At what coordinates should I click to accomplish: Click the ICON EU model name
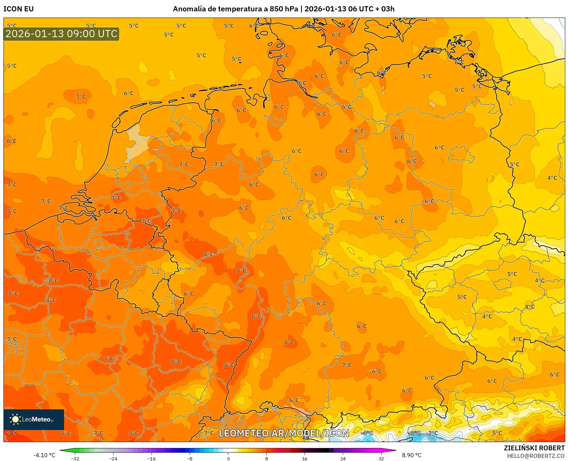pos(19,9)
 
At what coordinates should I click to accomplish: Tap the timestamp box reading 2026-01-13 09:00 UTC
pos(61,34)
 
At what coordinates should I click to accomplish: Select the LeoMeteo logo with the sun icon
pos(33,419)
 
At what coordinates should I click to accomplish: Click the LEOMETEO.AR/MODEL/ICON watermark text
pos(284,433)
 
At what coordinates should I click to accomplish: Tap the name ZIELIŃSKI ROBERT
pos(534,448)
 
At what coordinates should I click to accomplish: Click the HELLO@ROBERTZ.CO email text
pos(536,456)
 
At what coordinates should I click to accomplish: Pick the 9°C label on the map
pos(12,433)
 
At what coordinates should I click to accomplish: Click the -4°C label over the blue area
pos(367,433)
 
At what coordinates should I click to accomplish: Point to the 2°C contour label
pos(433,433)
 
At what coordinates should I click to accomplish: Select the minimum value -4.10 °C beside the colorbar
pos(44,455)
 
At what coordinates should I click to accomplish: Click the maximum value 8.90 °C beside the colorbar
pos(412,455)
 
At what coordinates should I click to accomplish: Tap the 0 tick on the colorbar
pos(228,458)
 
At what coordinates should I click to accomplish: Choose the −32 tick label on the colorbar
pos(75,458)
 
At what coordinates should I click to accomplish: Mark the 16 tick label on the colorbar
pos(304,458)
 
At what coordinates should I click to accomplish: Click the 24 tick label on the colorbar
pos(343,458)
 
